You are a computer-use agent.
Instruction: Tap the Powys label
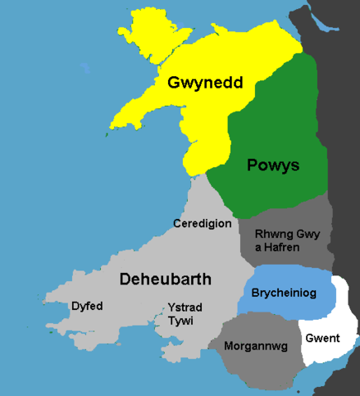pos(272,165)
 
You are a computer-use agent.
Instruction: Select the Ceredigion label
pos(202,224)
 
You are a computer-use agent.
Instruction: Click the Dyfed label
pos(87,306)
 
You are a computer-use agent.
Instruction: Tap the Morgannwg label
pos(256,346)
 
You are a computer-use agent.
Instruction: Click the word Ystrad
pos(184,307)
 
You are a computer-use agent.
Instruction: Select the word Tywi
pos(184,321)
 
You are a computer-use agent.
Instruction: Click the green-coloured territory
pos(273,124)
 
